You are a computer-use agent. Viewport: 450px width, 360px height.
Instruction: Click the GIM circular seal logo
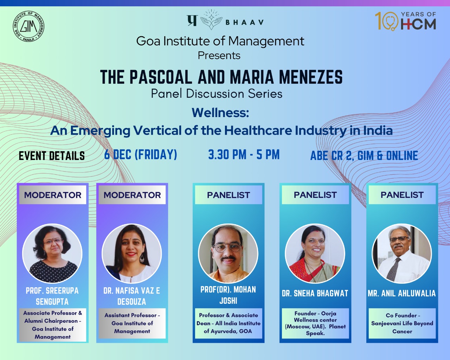[28, 26]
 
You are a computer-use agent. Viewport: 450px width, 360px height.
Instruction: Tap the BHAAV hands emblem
[211, 20]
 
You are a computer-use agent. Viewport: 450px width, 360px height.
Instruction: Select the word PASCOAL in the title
[161, 77]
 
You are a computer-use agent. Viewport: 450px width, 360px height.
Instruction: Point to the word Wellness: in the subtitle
[220, 113]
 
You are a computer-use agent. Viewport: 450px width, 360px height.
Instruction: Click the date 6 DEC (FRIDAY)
[141, 155]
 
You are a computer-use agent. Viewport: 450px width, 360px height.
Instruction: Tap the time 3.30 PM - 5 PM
[244, 155]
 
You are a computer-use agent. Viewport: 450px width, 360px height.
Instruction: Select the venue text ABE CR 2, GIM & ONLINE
[364, 156]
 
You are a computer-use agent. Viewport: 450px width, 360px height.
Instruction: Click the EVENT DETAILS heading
[52, 156]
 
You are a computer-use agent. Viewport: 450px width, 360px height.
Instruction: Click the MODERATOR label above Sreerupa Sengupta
[52, 195]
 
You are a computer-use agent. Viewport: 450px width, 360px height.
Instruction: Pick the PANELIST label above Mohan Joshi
[229, 195]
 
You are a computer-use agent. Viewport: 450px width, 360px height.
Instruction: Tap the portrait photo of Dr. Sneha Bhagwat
[315, 253]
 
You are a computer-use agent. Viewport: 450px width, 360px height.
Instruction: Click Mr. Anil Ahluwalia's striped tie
[393, 269]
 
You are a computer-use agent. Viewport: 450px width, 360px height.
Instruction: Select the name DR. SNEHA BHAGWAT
[315, 293]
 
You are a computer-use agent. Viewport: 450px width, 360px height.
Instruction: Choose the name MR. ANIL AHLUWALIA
[402, 293]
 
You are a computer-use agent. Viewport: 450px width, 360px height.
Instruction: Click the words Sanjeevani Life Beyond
[402, 323]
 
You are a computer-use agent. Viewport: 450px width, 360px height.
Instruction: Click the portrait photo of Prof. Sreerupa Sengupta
[52, 253]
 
